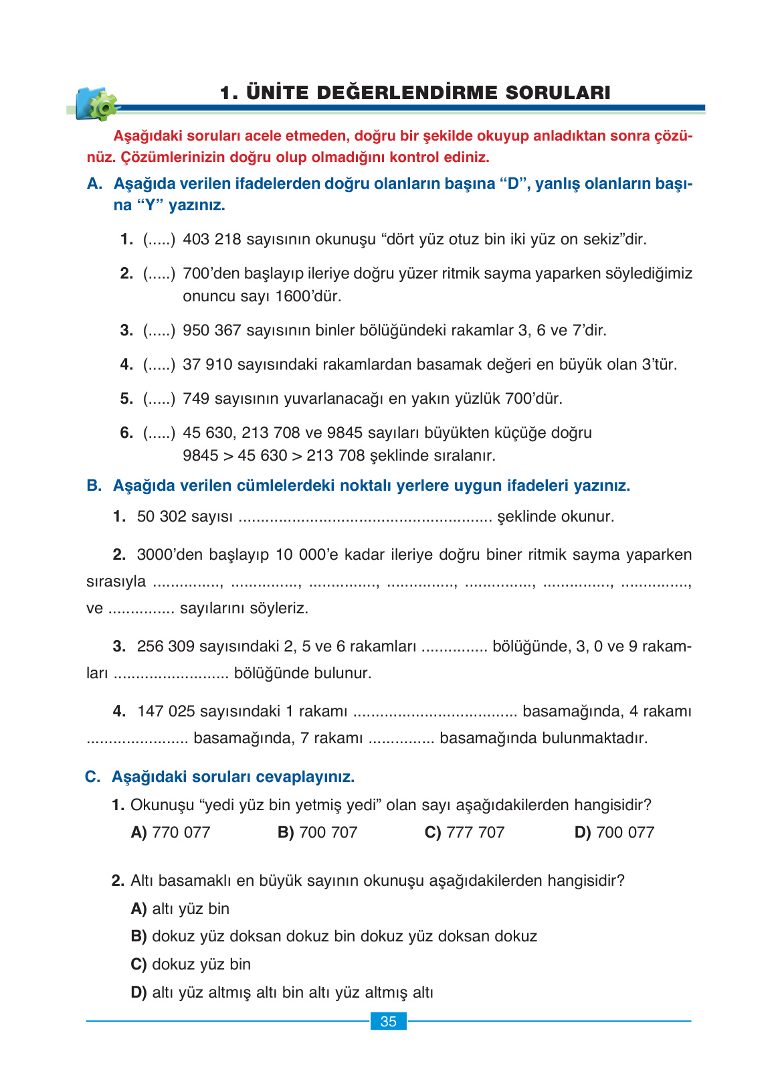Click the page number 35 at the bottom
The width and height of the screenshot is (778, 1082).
point(388,1022)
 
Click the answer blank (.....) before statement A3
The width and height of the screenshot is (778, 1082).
point(159,330)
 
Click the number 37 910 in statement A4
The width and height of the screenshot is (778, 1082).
point(207,364)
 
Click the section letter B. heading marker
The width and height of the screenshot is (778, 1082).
point(94,485)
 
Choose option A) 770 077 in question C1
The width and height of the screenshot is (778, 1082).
point(171,832)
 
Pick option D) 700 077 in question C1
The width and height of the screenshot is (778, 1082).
point(614,832)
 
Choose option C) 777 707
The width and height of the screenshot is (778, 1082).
point(464,832)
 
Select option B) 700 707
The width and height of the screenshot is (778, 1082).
point(318,832)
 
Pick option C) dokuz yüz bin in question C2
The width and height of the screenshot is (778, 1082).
point(191,964)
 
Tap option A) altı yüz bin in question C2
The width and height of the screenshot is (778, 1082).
point(181,909)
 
